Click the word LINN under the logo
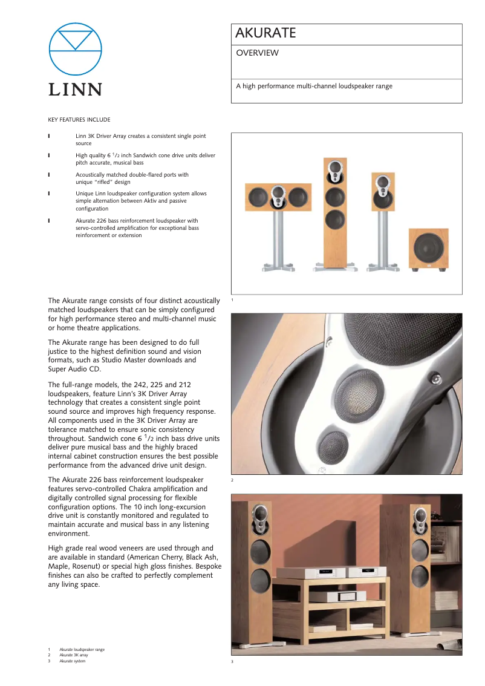click(76, 90)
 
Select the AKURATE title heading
click(266, 33)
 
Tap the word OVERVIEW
click(257, 53)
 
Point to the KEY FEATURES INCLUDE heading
click(79, 120)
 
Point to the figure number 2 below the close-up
click(232, 480)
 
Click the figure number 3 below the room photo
click(232, 662)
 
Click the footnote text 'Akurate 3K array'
click(73, 655)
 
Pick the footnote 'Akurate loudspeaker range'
click(82, 650)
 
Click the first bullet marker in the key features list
click(49, 137)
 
